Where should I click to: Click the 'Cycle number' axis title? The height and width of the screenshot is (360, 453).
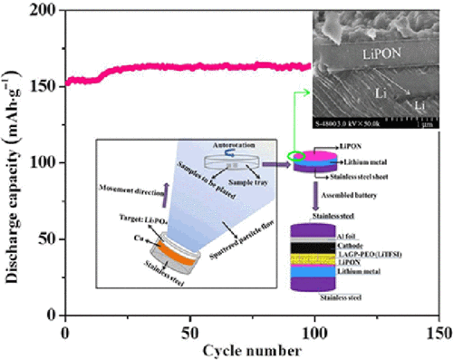(x=251, y=348)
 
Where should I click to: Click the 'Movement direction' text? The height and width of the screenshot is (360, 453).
(x=127, y=188)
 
